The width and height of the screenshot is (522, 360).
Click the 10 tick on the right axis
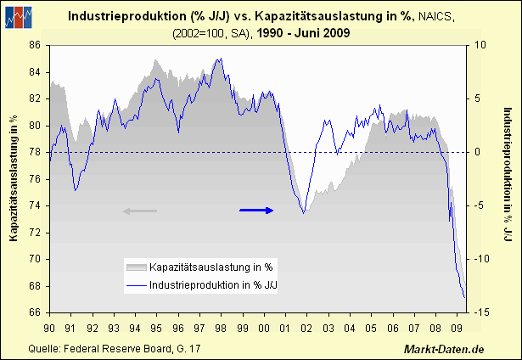(x=480, y=45)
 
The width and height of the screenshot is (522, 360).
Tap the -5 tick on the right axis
(x=480, y=205)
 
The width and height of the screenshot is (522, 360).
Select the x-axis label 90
(x=50, y=327)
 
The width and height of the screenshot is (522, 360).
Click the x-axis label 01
(x=284, y=327)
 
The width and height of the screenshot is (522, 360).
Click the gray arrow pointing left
(x=140, y=211)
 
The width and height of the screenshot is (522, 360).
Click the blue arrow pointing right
(x=257, y=210)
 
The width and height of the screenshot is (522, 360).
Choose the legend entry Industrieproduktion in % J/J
(x=214, y=285)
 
